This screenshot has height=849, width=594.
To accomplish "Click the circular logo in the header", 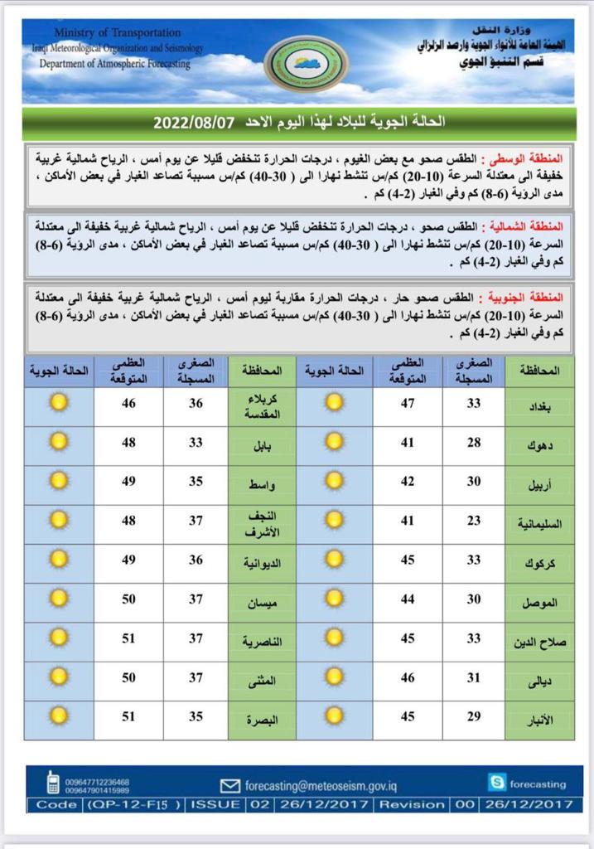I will [305, 65].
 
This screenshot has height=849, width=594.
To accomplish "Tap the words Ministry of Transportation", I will [118, 32].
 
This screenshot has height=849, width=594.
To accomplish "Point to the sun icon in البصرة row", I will [58, 718].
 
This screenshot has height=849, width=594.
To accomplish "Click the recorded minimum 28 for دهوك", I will [475, 444].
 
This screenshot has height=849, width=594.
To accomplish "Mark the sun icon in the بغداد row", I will [333, 404].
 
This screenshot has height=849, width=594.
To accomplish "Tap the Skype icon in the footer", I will [497, 782].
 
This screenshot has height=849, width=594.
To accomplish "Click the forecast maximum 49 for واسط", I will [129, 483].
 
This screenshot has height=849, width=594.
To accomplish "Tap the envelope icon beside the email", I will [230, 785].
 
